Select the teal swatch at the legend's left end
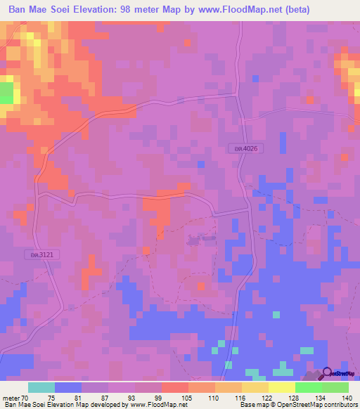tap(41, 387)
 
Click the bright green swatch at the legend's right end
tap(335, 387)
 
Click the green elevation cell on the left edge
tap(6, 93)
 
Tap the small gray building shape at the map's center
tap(193, 240)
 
